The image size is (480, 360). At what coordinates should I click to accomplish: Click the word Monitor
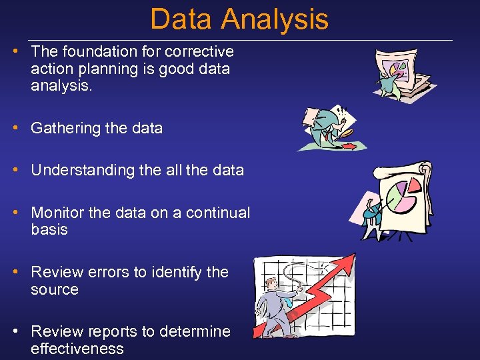pyautogui.click(x=57, y=213)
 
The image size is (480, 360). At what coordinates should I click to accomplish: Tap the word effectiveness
pyautogui.click(x=77, y=349)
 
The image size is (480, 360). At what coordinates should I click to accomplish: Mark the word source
pyautogui.click(x=55, y=289)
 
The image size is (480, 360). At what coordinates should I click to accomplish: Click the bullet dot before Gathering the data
pyautogui.click(x=22, y=128)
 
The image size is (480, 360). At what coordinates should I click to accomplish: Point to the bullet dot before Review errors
pyautogui.click(x=22, y=272)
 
